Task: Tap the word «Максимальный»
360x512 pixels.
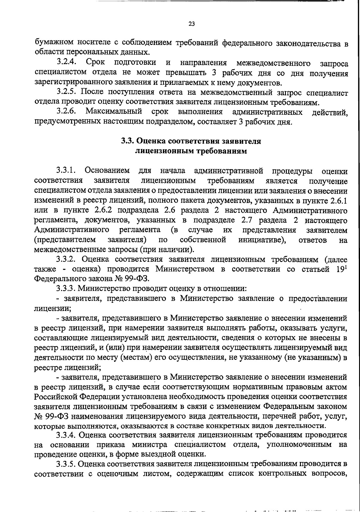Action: (x=114, y=112)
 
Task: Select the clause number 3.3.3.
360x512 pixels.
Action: (x=67, y=289)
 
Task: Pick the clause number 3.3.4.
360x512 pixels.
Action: (x=67, y=435)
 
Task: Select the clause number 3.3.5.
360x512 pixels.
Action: (x=67, y=464)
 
